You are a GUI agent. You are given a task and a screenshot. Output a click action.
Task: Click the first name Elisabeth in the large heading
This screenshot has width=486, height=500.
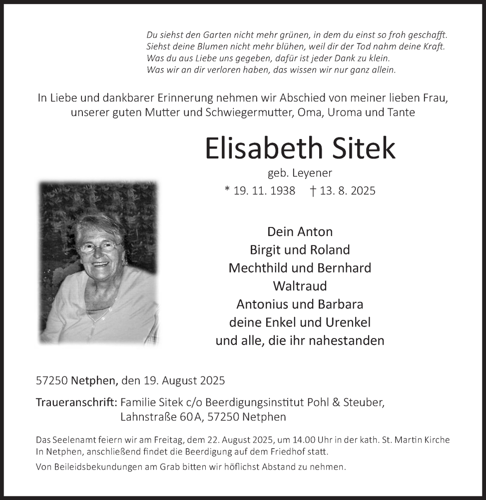tap(262, 148)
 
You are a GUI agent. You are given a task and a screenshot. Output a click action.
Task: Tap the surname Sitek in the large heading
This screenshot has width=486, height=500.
tap(363, 148)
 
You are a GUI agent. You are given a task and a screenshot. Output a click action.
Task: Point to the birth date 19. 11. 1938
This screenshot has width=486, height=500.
tap(264, 190)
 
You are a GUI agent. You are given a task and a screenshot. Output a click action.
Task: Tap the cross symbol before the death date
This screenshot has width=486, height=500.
tap(313, 190)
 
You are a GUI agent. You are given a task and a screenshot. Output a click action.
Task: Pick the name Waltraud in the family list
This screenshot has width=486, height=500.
tap(300, 286)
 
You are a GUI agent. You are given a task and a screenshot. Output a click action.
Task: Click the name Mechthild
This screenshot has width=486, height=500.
tap(258, 267)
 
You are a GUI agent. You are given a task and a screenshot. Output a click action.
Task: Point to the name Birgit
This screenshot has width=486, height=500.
tap(267, 249)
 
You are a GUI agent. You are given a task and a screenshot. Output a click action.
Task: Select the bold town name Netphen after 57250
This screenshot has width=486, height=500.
tap(94, 380)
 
